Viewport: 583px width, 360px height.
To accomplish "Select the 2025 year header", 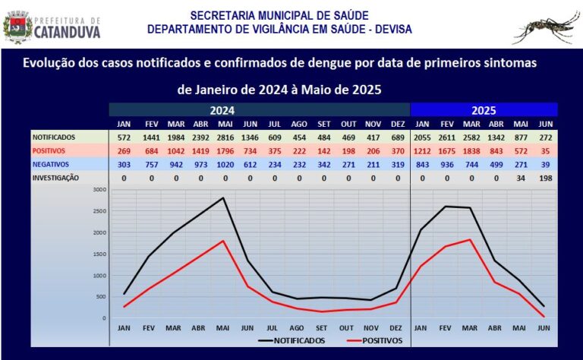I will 484,109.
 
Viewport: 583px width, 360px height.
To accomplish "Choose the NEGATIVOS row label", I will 50,163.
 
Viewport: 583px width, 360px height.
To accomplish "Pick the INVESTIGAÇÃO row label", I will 55,177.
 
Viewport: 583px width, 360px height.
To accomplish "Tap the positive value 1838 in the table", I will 471,150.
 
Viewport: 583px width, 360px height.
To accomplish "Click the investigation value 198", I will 544,177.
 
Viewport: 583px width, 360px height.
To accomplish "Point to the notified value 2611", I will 447,137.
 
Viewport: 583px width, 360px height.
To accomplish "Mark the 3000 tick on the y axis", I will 99,189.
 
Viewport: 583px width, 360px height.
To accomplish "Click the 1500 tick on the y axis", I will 99,254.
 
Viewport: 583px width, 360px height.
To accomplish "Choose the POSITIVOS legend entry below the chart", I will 374,340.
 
